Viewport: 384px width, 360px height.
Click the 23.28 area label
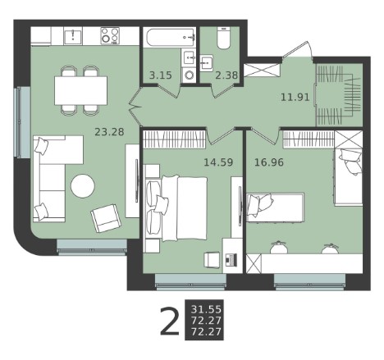pyautogui.click(x=109, y=132)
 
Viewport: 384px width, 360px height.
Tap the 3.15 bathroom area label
pyautogui.click(x=161, y=75)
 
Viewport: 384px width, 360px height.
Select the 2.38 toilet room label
pyautogui.click(x=226, y=75)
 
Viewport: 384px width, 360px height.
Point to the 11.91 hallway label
pyautogui.click(x=295, y=97)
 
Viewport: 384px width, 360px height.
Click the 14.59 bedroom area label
pyautogui.click(x=218, y=162)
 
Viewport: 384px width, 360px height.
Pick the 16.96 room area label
pyautogui.click(x=269, y=162)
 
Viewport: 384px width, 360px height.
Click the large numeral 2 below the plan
pyautogui.click(x=170, y=321)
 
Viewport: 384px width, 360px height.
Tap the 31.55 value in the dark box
pyautogui.click(x=206, y=309)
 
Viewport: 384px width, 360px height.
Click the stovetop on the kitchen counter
pyautogui.click(x=110, y=35)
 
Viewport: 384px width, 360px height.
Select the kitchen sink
pyautogui.click(x=73, y=37)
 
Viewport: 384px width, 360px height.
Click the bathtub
pyautogui.click(x=171, y=38)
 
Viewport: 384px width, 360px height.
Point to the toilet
pyautogui.click(x=224, y=38)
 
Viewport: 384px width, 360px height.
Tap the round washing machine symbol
pyautogui.click(x=189, y=75)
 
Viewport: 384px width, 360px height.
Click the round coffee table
pyautogui.click(x=83, y=186)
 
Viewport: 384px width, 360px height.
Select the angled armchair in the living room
pyautogui.click(x=106, y=218)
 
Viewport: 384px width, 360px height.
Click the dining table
pyautogui.click(x=80, y=90)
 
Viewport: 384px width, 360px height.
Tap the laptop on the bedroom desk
pyautogui.click(x=231, y=259)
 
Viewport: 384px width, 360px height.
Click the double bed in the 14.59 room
pyautogui.click(x=177, y=209)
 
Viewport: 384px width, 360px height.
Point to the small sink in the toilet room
pyautogui.click(x=207, y=63)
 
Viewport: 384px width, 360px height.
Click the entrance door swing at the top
pyautogui.click(x=298, y=49)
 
